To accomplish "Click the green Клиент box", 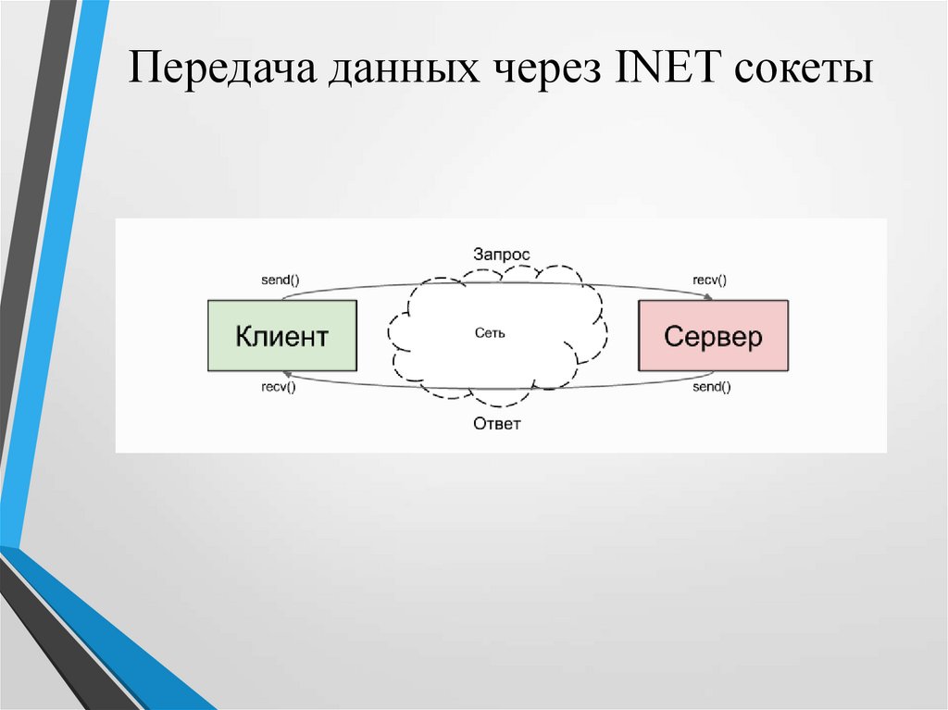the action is pos(282,335).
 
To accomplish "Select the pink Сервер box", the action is pos(713,335).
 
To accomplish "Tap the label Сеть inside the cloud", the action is pos(490,332).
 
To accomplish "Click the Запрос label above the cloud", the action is pos(502,254).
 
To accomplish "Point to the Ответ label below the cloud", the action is pos(497,425).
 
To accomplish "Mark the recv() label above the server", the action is pos(710,280).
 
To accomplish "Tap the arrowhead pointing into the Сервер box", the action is pos(708,297).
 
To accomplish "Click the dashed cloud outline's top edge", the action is pos(500,274).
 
